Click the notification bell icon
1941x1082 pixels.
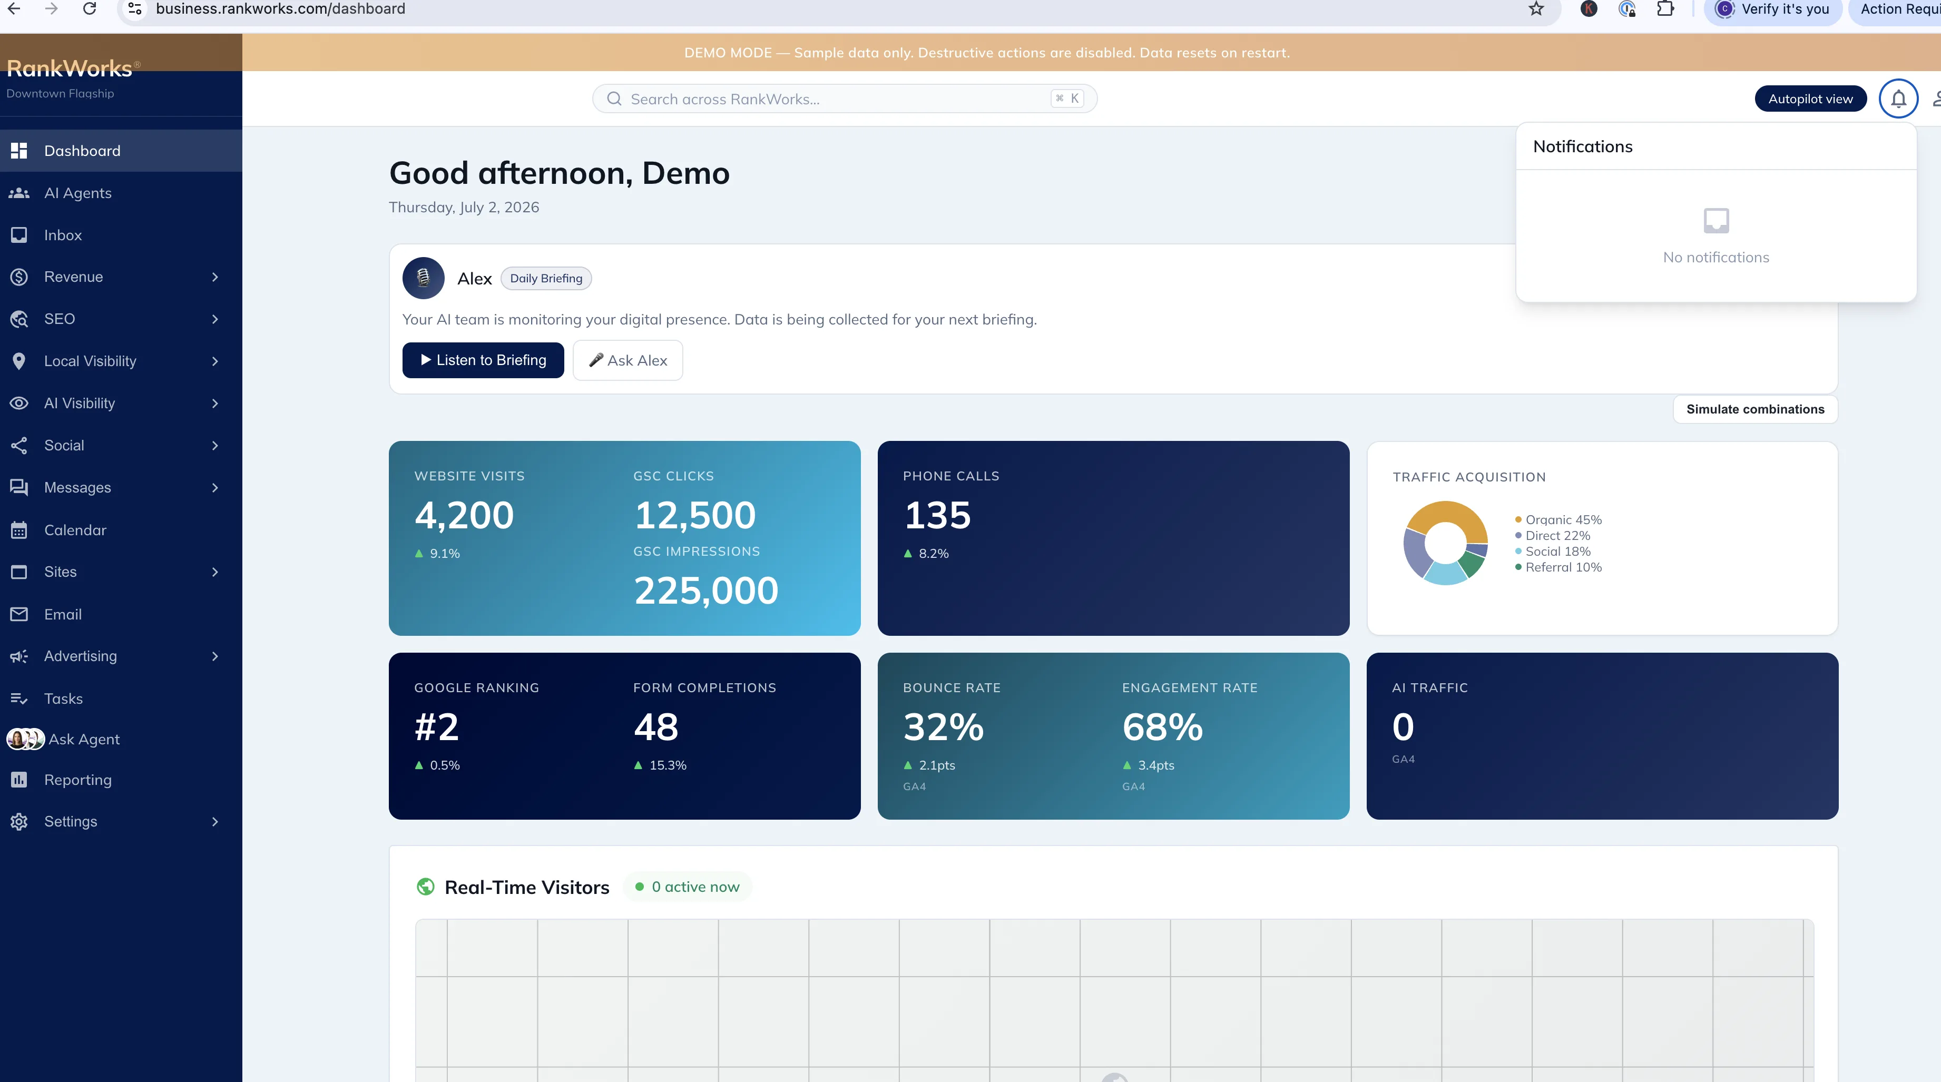1898,99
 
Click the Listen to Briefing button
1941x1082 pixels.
483,360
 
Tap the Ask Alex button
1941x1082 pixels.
628,360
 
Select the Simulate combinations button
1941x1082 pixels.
1755,409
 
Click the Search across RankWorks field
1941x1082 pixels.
844,99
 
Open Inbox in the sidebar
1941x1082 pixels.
63,235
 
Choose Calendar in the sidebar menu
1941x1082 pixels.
75,530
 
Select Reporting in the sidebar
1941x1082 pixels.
77,780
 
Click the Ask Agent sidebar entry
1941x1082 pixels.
84,739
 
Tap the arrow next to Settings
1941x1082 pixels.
215,821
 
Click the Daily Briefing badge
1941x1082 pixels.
546,278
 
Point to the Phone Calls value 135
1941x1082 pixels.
937,515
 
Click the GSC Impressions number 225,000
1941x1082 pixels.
706,591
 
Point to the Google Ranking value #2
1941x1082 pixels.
437,727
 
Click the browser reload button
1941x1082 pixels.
90,9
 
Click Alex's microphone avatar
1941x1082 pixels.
424,278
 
